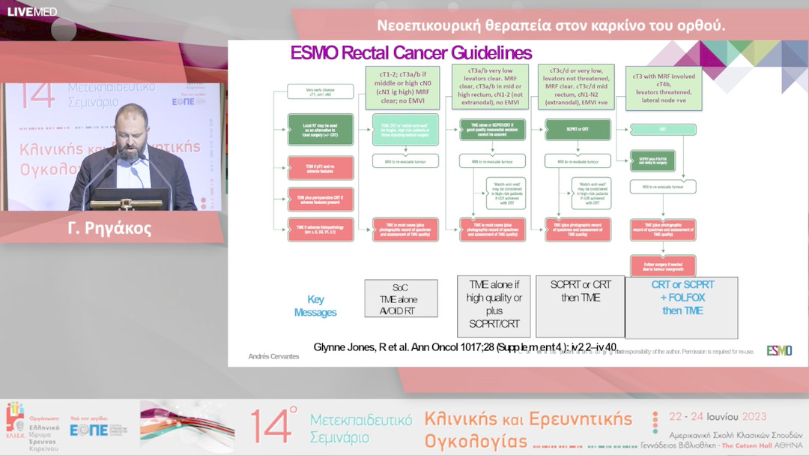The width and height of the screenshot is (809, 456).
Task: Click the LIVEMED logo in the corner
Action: click(x=31, y=11)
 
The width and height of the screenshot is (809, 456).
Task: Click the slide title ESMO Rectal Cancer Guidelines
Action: click(x=410, y=53)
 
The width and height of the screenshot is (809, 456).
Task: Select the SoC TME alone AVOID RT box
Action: click(x=401, y=298)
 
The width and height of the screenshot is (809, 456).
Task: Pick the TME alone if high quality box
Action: click(x=494, y=305)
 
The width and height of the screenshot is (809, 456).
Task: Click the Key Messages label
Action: click(x=315, y=306)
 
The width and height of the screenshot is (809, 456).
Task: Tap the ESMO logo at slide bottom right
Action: click(x=778, y=350)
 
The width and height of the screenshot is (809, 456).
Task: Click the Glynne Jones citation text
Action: click(x=464, y=347)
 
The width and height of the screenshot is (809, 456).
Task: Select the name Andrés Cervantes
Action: click(x=273, y=356)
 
